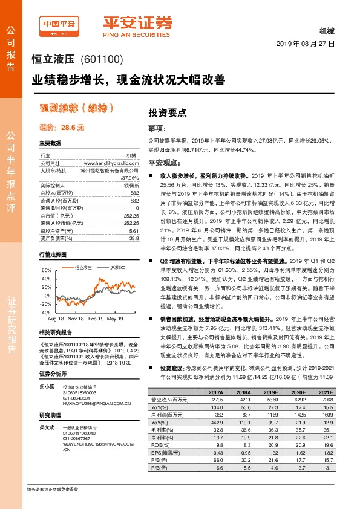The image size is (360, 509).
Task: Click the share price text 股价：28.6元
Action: [x=62, y=128]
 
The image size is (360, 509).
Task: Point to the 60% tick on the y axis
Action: [x=47, y=270]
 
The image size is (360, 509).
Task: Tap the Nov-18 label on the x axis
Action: [x=76, y=317]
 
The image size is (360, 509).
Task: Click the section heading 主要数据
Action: [x=50, y=143]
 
